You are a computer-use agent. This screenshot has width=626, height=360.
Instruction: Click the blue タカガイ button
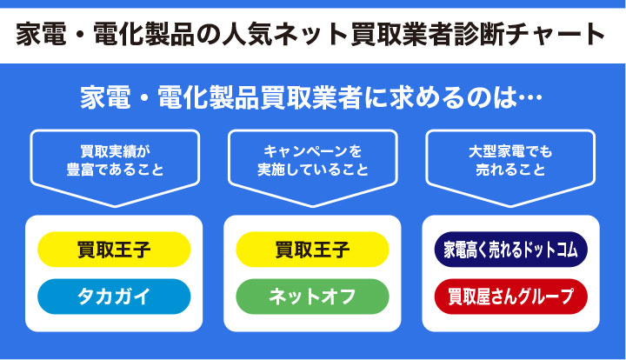click(x=114, y=296)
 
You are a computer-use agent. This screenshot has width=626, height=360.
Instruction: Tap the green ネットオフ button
click(x=312, y=296)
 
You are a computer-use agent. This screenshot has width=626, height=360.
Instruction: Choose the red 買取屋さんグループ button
click(x=510, y=296)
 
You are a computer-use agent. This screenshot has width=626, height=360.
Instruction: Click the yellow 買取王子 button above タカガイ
click(x=114, y=250)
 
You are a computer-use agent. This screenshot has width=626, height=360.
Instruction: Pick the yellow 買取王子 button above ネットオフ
click(x=312, y=250)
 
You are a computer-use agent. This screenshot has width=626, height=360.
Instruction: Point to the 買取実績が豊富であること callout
click(x=114, y=160)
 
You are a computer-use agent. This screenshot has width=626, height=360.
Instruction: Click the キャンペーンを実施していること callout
click(x=312, y=160)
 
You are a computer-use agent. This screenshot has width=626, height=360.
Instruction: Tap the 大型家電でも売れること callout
click(x=510, y=160)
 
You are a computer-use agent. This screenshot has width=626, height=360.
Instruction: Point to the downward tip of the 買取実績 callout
click(x=114, y=205)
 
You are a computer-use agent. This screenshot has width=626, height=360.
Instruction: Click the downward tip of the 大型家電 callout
click(x=510, y=205)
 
